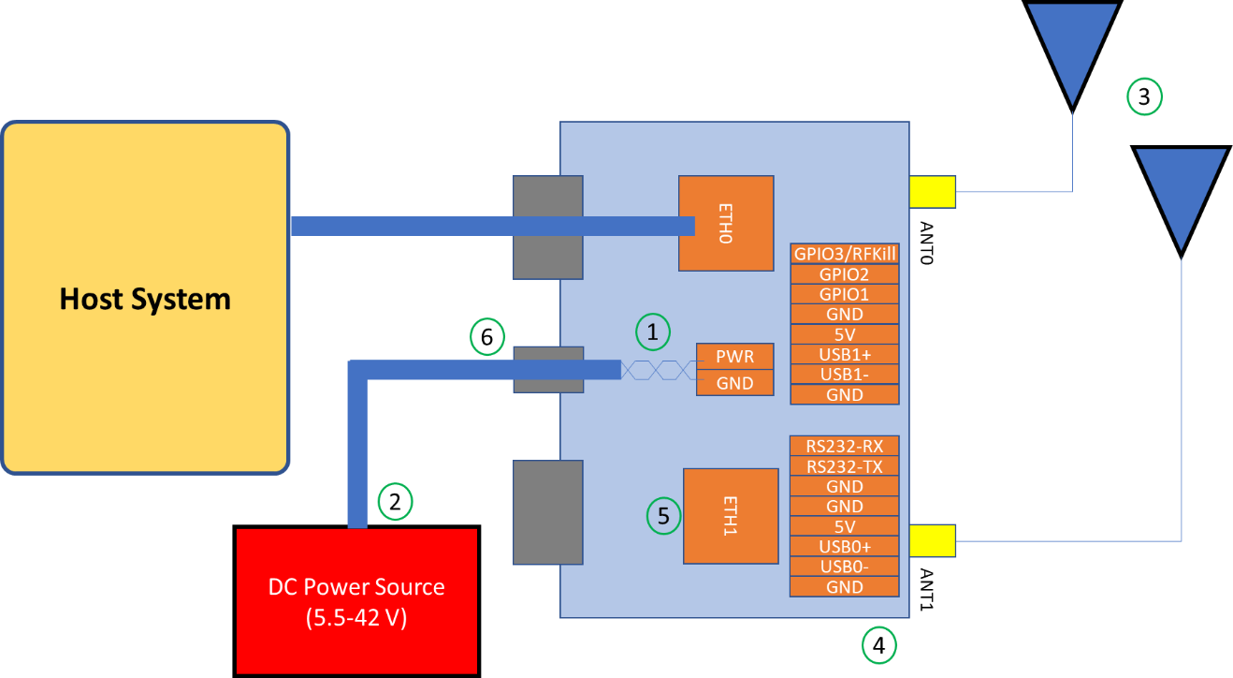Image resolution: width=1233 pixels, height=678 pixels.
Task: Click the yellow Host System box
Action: point(145,298)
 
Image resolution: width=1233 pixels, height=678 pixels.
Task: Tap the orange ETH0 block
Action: point(726,224)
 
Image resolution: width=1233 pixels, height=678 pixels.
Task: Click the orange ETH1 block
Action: point(731,516)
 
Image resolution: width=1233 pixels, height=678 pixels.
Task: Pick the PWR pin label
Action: point(734,356)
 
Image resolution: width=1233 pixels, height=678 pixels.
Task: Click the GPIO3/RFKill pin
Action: point(845,254)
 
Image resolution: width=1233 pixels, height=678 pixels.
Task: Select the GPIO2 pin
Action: point(845,274)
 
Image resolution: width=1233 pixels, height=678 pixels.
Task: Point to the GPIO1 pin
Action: point(845,294)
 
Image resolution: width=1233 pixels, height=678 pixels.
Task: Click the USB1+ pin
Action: point(845,354)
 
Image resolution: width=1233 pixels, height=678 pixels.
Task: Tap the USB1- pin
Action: point(845,375)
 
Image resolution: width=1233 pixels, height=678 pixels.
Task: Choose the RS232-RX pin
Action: point(845,446)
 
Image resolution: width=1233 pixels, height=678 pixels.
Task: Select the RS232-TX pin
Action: point(845,466)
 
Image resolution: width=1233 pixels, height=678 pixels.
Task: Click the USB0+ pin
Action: point(845,546)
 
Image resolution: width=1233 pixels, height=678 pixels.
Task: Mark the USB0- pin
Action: point(845,567)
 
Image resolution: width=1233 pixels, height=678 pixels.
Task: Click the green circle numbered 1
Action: point(653,331)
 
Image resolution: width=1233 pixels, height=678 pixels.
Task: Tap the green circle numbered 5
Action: point(663,516)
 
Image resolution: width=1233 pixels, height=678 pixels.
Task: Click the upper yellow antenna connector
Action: point(932,192)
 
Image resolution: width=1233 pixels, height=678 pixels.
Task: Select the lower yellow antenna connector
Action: point(932,540)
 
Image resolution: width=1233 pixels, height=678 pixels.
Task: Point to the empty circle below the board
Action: point(878,645)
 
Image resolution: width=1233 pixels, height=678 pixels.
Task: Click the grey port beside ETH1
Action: point(547,512)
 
